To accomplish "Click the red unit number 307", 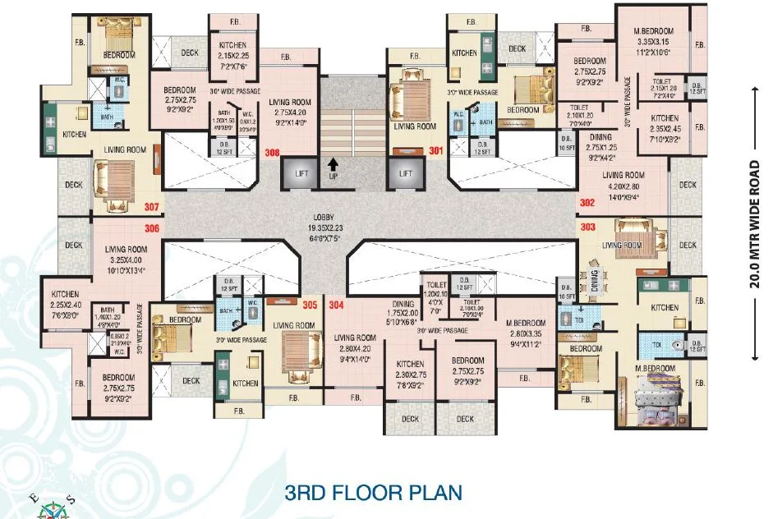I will [152, 208].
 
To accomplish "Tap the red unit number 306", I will [152, 229].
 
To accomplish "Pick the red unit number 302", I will [587, 202].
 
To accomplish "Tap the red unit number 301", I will [435, 150].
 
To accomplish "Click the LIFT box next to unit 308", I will [297, 174].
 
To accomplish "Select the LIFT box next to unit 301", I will [404, 174].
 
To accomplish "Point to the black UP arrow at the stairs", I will [334, 167].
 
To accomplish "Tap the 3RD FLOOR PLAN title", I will [373, 494].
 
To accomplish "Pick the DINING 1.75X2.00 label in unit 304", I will [403, 313].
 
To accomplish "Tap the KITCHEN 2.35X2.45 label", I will [665, 128].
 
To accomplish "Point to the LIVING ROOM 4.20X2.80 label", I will [623, 186].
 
